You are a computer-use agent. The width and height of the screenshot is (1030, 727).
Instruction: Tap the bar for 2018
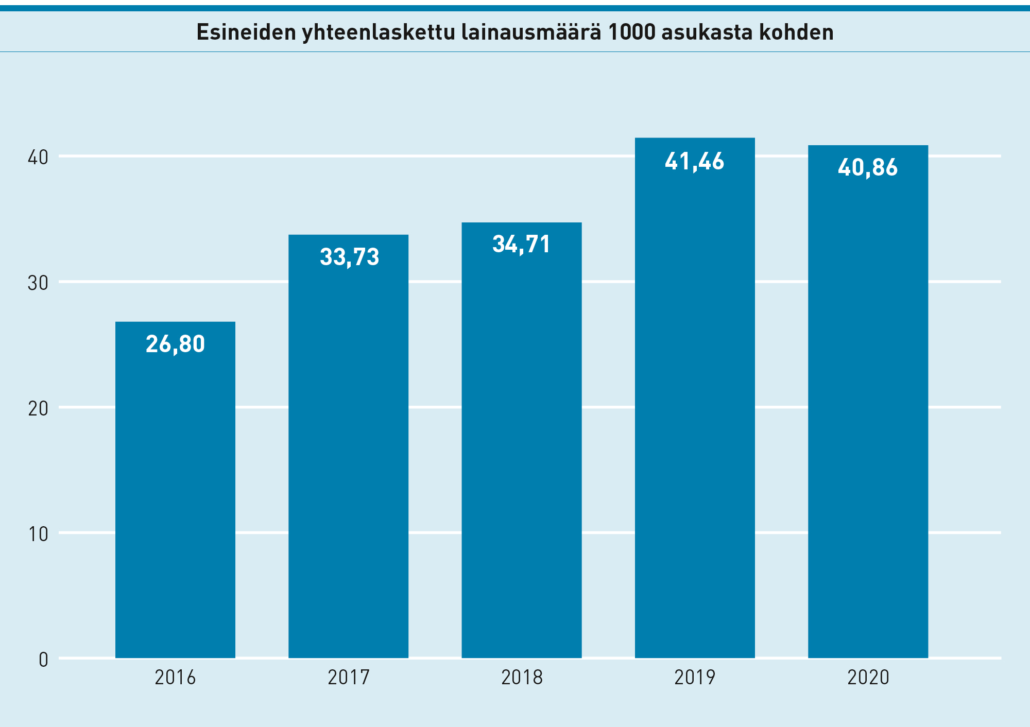521,443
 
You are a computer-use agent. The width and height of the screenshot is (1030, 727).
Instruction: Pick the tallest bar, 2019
695,402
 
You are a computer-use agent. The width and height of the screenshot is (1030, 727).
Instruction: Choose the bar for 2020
868,407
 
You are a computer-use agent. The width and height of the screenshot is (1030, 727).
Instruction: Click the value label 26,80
175,344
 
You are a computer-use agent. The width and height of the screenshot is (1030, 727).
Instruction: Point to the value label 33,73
349,257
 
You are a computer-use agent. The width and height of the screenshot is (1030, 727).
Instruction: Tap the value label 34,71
521,244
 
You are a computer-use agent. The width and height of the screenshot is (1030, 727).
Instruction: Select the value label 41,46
694,162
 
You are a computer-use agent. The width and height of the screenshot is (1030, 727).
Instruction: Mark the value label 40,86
868,168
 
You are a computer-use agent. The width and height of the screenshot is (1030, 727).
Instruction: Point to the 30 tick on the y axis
38,283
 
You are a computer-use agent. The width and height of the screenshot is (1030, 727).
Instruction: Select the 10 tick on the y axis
38,534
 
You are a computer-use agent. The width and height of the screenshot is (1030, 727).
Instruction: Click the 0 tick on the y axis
43,660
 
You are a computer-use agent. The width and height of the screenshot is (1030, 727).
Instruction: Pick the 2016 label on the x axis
175,678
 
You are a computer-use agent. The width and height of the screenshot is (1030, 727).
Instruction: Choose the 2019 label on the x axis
695,678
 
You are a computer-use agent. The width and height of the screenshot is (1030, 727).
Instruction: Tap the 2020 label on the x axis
868,678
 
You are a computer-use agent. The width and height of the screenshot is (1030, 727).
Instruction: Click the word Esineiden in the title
246,32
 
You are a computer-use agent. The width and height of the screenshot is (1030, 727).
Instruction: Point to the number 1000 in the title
631,32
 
